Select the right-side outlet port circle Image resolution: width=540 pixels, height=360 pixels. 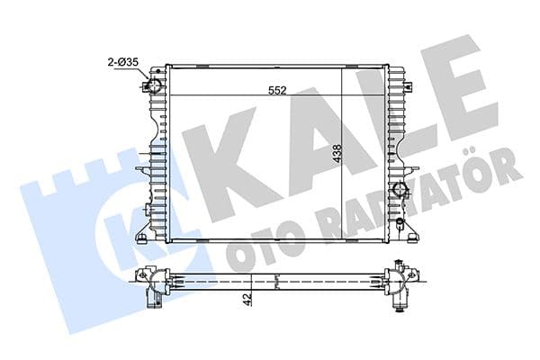click(x=400, y=190)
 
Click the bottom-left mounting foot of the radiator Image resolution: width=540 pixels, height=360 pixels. click(x=142, y=237)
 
